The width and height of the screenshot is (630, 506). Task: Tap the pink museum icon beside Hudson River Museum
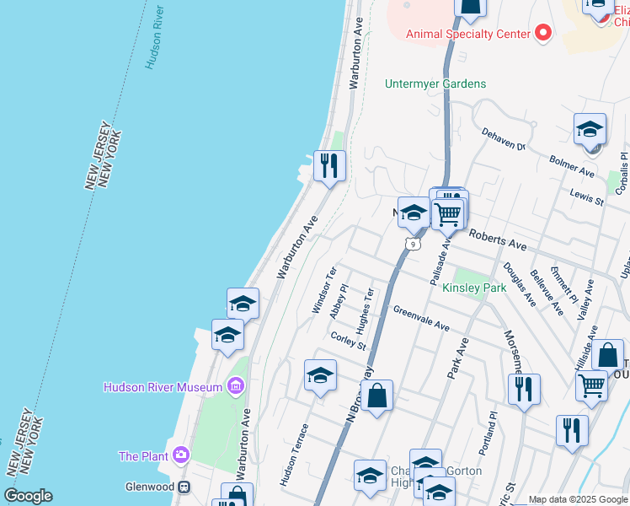236,387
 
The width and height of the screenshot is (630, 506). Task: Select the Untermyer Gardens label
435,83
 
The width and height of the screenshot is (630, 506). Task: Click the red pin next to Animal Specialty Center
543,34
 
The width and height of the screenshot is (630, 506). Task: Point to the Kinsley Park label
474,288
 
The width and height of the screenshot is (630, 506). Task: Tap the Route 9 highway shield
412,244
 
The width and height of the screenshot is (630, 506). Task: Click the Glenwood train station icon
183,487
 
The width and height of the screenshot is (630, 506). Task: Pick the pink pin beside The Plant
181,456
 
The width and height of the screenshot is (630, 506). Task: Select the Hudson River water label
155,37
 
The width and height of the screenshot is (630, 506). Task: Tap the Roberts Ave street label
497,241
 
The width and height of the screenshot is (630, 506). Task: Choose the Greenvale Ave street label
421,317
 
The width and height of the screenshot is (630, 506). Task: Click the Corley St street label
349,340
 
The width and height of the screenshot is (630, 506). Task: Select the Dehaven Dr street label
503,139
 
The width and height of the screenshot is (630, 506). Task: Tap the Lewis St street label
586,198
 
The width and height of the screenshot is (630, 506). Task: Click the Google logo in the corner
29,496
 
